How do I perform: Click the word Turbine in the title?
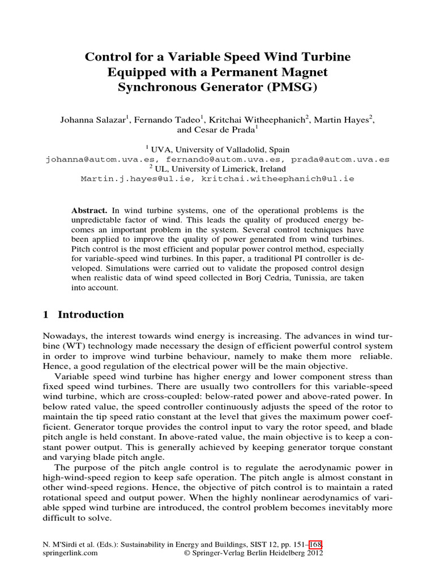tap(325, 57)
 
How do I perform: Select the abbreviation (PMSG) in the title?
tap(290, 88)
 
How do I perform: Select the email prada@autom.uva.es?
tap(346, 160)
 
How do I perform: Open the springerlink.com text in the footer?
tap(70, 554)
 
